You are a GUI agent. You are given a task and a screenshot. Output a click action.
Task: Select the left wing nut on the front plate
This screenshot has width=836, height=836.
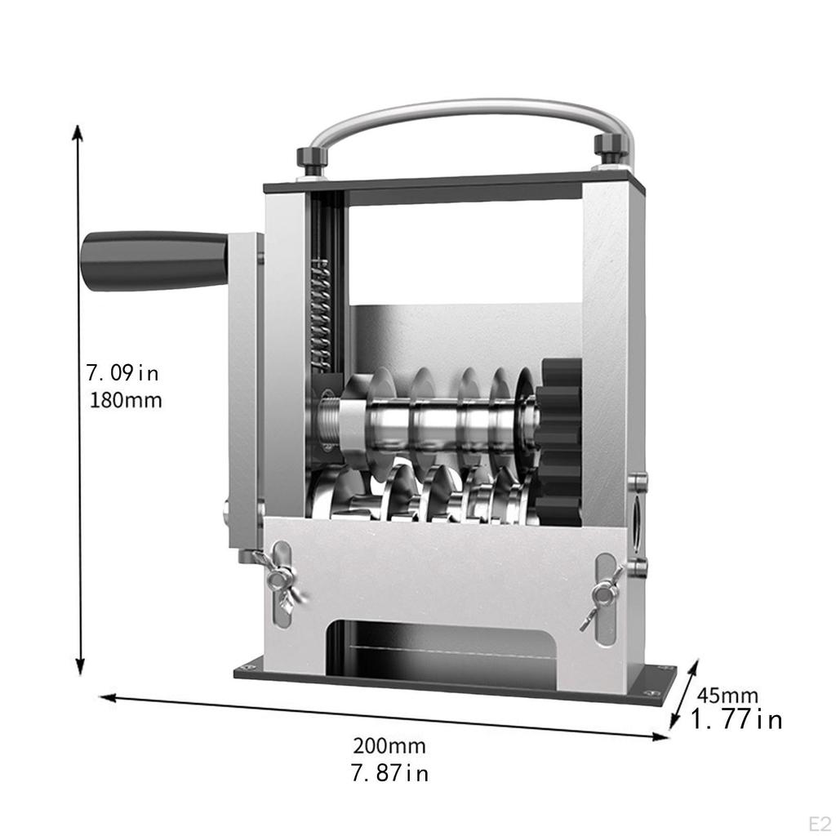coord(278,581)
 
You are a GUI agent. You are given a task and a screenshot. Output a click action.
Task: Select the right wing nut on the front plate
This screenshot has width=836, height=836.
coord(602,596)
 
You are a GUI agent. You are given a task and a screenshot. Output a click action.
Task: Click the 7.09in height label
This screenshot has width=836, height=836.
coord(123,374)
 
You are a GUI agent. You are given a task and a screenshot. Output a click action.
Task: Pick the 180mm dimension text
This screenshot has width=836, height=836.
coord(126,401)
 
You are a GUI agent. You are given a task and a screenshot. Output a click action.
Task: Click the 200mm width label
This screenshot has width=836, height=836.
coord(389,745)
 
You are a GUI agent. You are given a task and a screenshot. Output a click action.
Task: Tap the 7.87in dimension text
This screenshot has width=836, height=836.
coord(389,772)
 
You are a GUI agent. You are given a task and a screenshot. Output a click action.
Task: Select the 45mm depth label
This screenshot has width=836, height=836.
coord(727,696)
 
